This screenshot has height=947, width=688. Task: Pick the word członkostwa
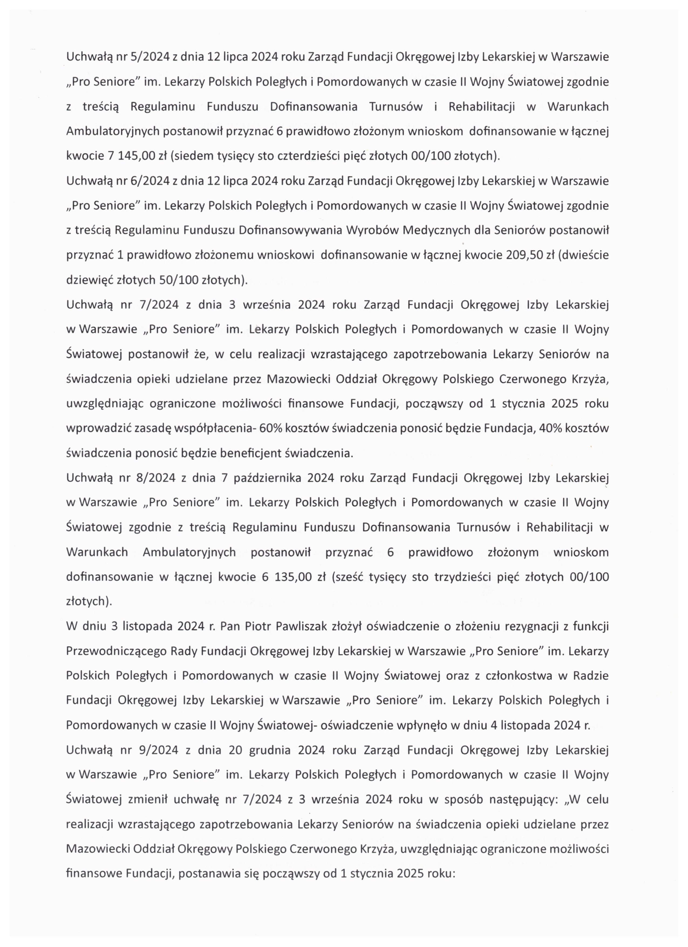[518, 676]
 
